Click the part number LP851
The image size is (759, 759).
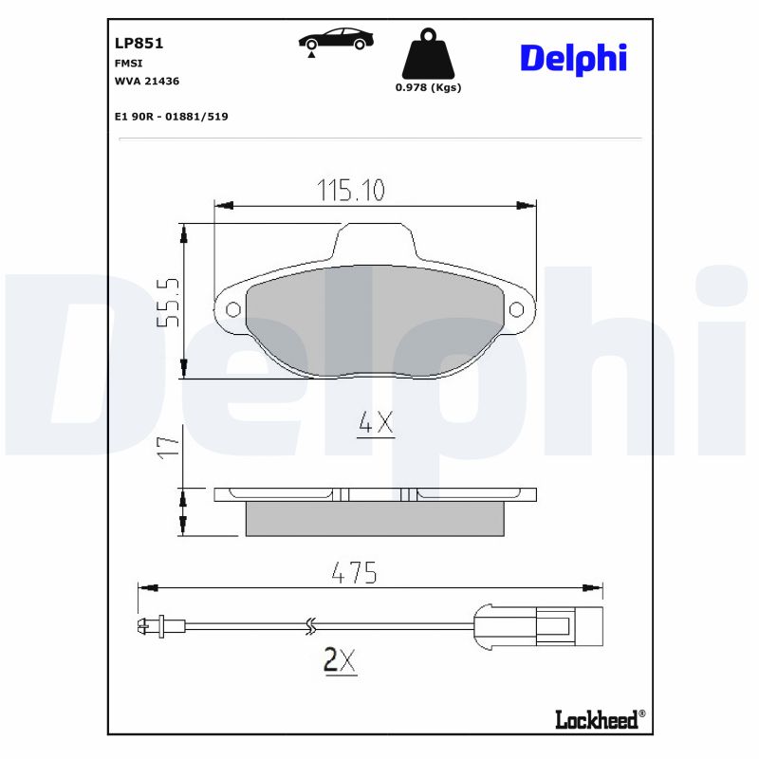click(x=139, y=43)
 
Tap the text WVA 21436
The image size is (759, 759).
click(x=146, y=82)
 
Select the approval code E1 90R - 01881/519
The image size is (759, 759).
click(x=170, y=117)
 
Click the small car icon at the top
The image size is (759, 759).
click(x=336, y=40)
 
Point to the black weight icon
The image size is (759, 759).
click(x=427, y=55)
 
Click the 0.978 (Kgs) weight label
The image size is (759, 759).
click(x=427, y=87)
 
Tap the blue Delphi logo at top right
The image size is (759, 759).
click(x=573, y=58)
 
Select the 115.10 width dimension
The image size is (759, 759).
click(x=350, y=191)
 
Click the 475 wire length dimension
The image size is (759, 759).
click(x=354, y=573)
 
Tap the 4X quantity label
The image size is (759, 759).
click(x=375, y=423)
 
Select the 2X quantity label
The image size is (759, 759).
click(x=340, y=659)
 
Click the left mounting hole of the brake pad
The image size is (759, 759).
click(x=232, y=309)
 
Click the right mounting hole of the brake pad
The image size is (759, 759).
click(x=516, y=309)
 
